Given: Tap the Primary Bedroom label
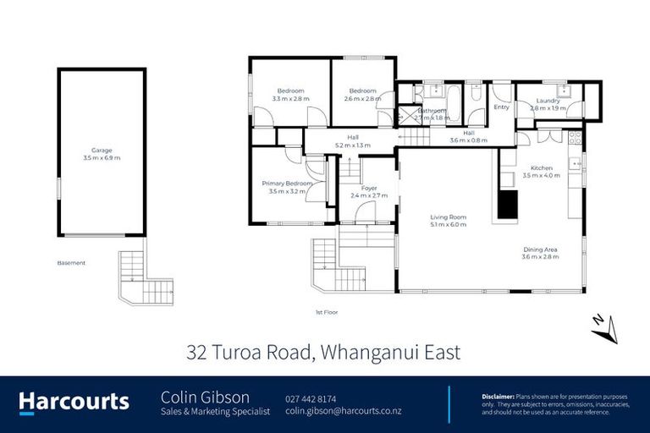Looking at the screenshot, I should tap(284, 184).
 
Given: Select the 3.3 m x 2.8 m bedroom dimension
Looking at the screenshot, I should tap(290, 99).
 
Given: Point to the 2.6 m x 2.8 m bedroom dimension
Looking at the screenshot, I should tap(363, 99).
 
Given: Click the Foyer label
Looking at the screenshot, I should tap(369, 188).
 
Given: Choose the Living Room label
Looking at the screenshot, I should tap(449, 217).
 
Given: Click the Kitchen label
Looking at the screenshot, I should tap(542, 167).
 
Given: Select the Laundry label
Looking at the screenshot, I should tap(548, 101).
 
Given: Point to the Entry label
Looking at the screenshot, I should tap(502, 107).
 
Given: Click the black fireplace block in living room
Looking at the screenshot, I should tap(507, 204).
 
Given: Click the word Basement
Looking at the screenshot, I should tap(71, 263).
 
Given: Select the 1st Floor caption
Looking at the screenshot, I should tap(327, 312).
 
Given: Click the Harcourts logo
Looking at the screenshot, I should tap(74, 403).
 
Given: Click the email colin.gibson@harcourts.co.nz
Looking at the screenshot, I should tap(342, 411).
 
